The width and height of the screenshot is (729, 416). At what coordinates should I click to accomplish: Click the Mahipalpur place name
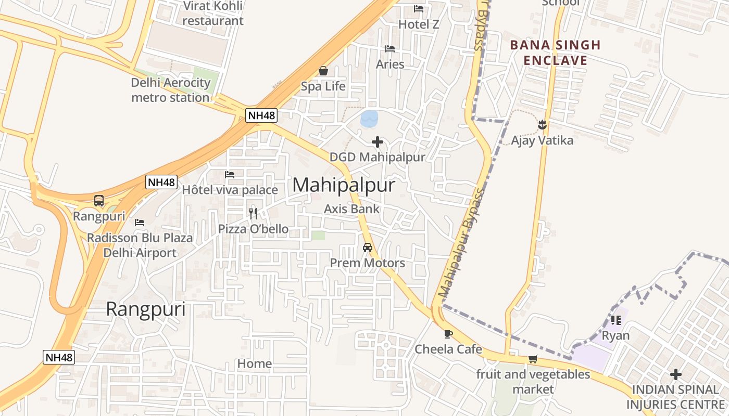(x=344, y=185)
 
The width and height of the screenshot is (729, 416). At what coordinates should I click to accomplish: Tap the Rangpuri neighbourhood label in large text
(x=146, y=309)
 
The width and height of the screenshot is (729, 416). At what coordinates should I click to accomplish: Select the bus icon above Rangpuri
(x=99, y=201)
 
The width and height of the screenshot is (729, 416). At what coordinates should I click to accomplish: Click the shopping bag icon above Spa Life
(x=323, y=71)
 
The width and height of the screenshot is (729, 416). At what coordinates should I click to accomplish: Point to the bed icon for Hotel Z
(x=419, y=8)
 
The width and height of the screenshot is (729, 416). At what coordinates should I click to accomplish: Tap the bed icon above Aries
(x=390, y=49)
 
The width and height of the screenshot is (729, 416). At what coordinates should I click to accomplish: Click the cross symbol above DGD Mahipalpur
(x=378, y=141)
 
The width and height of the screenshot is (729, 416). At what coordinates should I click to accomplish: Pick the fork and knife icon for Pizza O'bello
(x=253, y=213)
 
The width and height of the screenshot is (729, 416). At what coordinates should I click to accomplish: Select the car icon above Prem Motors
(x=368, y=248)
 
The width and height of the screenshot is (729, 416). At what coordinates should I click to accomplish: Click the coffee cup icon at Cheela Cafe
(x=448, y=334)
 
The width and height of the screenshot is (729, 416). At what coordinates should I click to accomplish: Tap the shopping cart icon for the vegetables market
(x=533, y=359)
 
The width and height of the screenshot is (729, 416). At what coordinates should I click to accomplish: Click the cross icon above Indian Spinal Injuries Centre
(x=676, y=374)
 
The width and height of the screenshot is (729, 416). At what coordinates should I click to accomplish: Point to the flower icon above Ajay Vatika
(x=543, y=124)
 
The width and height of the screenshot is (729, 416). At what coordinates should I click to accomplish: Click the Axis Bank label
(x=352, y=209)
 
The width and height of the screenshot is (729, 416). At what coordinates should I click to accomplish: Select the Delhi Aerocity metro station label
(x=171, y=90)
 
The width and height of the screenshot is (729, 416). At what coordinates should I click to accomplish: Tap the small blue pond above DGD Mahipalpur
(x=369, y=119)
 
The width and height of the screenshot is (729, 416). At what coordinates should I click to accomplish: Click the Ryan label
(x=615, y=335)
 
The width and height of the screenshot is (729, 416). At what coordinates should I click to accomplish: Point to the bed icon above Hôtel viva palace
(x=230, y=175)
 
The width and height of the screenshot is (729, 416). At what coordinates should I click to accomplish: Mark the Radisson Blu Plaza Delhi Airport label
(x=140, y=245)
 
